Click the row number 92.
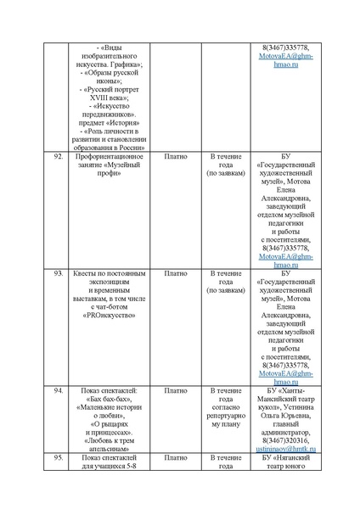[59, 158]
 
